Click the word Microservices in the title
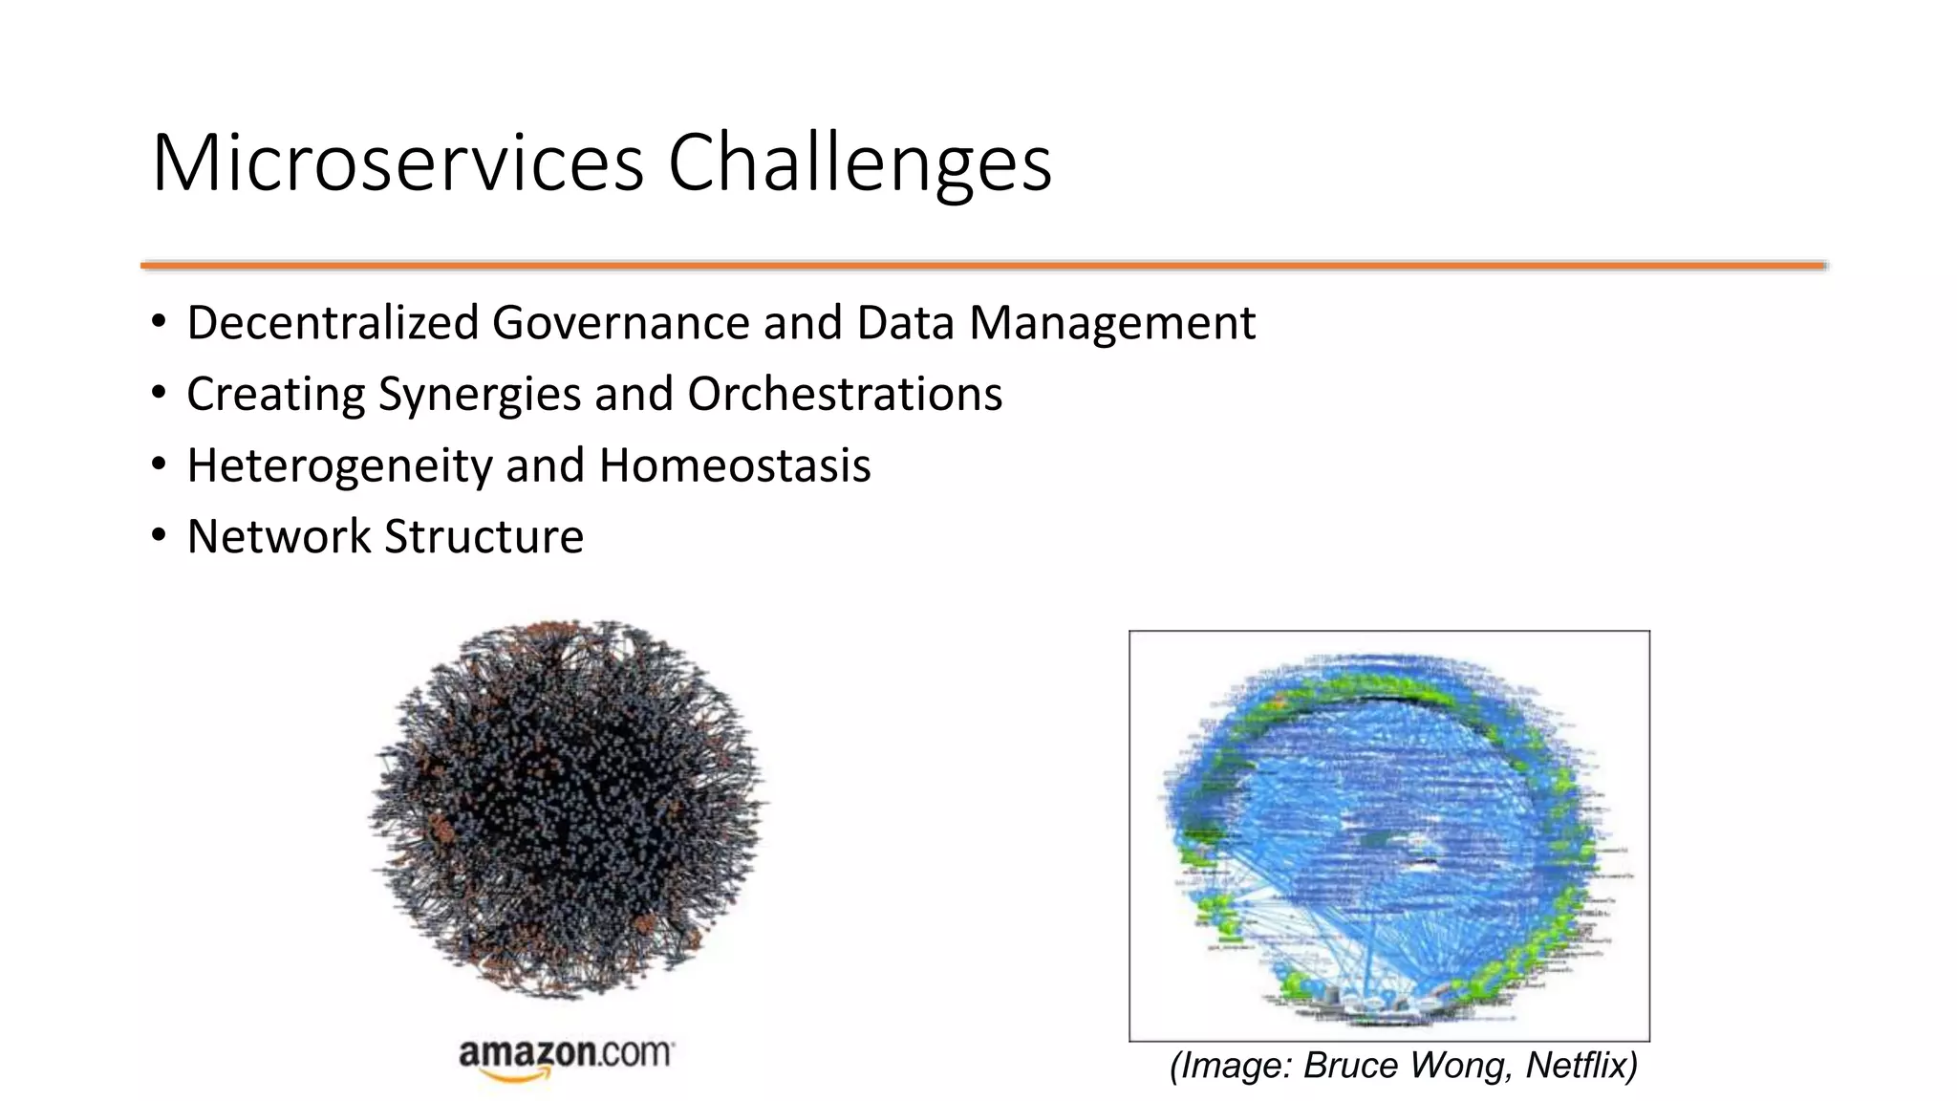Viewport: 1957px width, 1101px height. pos(398,163)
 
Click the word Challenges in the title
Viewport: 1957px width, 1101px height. pos(859,163)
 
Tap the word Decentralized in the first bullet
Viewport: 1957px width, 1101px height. pos(332,323)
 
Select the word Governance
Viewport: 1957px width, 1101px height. pos(621,323)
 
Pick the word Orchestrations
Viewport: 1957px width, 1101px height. pos(845,395)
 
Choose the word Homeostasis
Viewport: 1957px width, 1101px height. pos(734,465)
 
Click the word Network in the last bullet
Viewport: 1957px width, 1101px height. pos(278,536)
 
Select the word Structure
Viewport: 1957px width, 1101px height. pos(484,536)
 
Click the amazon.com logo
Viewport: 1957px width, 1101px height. pos(566,1054)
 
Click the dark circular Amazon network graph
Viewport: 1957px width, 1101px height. pos(569,808)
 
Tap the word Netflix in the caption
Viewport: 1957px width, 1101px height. pos(1581,1065)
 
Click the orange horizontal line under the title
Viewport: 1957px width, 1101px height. pos(982,265)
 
